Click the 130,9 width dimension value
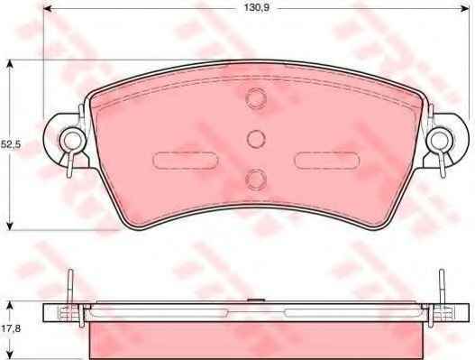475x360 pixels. tap(257, 8)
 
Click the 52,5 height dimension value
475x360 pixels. tap(11, 144)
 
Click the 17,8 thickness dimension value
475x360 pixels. tap(11, 328)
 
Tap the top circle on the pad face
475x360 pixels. tap(256, 98)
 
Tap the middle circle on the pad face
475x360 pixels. tap(256, 139)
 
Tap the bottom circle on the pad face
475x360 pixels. tap(256, 180)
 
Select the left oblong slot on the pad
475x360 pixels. tap(186, 161)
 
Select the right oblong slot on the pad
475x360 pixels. tap(327, 161)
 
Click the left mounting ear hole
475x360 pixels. tap(72, 141)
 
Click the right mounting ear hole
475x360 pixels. tap(440, 141)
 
